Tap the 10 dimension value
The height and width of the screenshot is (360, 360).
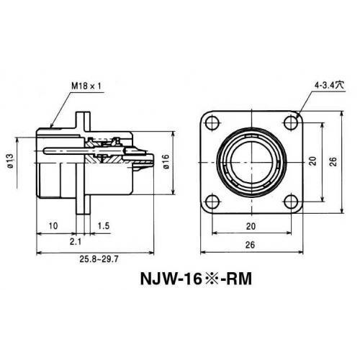[53, 225]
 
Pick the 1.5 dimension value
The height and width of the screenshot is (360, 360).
[103, 225]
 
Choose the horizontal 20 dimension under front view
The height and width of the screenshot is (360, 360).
[250, 225]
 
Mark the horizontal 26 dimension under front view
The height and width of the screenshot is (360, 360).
[250, 244]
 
